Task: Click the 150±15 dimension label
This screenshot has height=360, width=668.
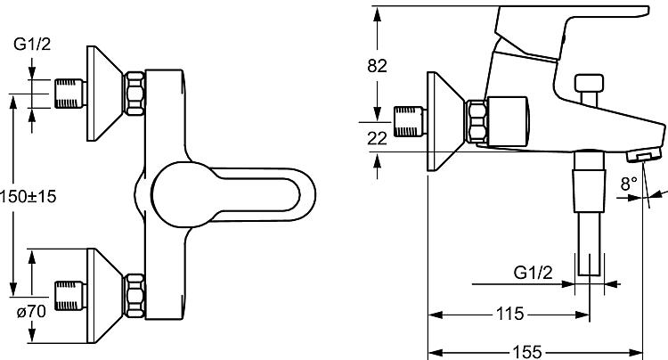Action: pos(29,196)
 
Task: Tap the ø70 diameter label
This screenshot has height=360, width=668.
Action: pos(31,311)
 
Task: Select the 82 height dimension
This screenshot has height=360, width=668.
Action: pos(377,66)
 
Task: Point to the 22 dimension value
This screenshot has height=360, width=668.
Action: pos(377,138)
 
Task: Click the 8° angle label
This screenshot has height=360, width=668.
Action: pos(629,184)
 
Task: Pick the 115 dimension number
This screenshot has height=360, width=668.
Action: pos(510,314)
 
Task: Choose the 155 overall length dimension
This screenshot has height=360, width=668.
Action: pos(526,352)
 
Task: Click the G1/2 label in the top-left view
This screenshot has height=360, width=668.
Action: pos(32,44)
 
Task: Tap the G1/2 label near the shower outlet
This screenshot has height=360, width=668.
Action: pos(533,273)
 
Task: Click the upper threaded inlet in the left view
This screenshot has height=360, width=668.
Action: pos(70,94)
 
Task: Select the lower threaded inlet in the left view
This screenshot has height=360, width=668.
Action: pos(70,296)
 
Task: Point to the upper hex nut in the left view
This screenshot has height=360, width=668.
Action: pos(134,94)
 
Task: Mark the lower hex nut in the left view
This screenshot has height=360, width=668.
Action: pos(134,296)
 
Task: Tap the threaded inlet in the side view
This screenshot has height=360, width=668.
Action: pos(410,122)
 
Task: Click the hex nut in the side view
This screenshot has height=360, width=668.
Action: pos(476,121)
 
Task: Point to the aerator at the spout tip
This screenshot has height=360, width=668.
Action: pos(644,155)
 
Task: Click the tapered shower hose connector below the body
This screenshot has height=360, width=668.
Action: pos(590,191)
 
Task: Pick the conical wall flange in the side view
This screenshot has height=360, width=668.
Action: pos(445,121)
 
